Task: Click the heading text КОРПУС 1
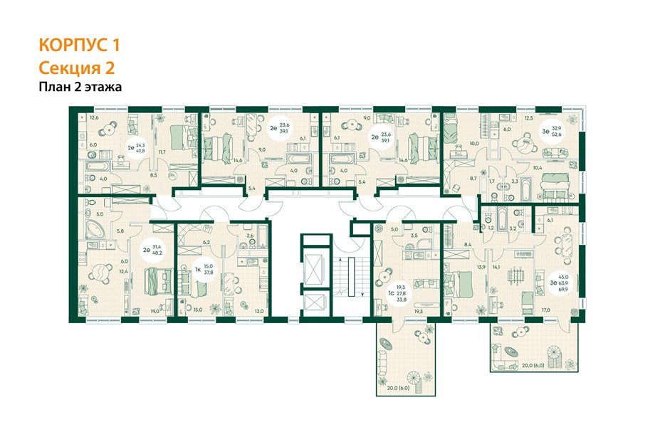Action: [x=79, y=46]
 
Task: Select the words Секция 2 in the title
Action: [x=76, y=68]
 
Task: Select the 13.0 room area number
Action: [x=260, y=311]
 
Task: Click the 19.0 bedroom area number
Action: [x=155, y=310]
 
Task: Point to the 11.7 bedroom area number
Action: [x=162, y=152]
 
